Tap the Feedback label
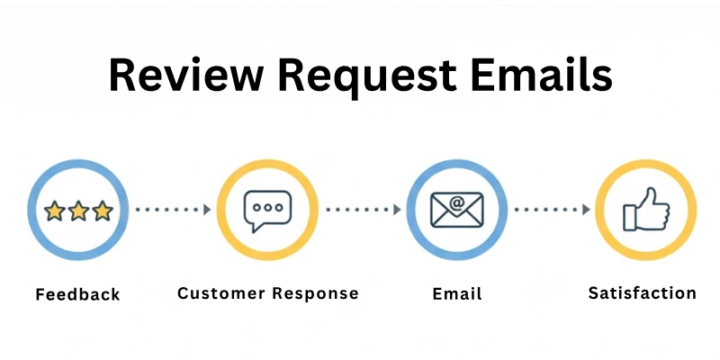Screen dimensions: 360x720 point(77,294)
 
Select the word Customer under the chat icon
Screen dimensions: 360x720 point(221,293)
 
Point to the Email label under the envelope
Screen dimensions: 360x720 point(457,294)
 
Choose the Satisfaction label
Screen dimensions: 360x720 point(642,293)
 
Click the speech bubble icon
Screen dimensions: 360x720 point(268,211)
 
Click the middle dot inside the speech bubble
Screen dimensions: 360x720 point(268,206)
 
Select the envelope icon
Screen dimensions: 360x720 point(457,211)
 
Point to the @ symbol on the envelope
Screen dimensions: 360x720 point(457,203)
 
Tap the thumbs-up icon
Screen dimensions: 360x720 point(646,211)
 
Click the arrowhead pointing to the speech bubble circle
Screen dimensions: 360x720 point(207,210)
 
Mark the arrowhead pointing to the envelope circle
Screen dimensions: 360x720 point(397,210)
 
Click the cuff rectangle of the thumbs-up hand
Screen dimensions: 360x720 point(631,217)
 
